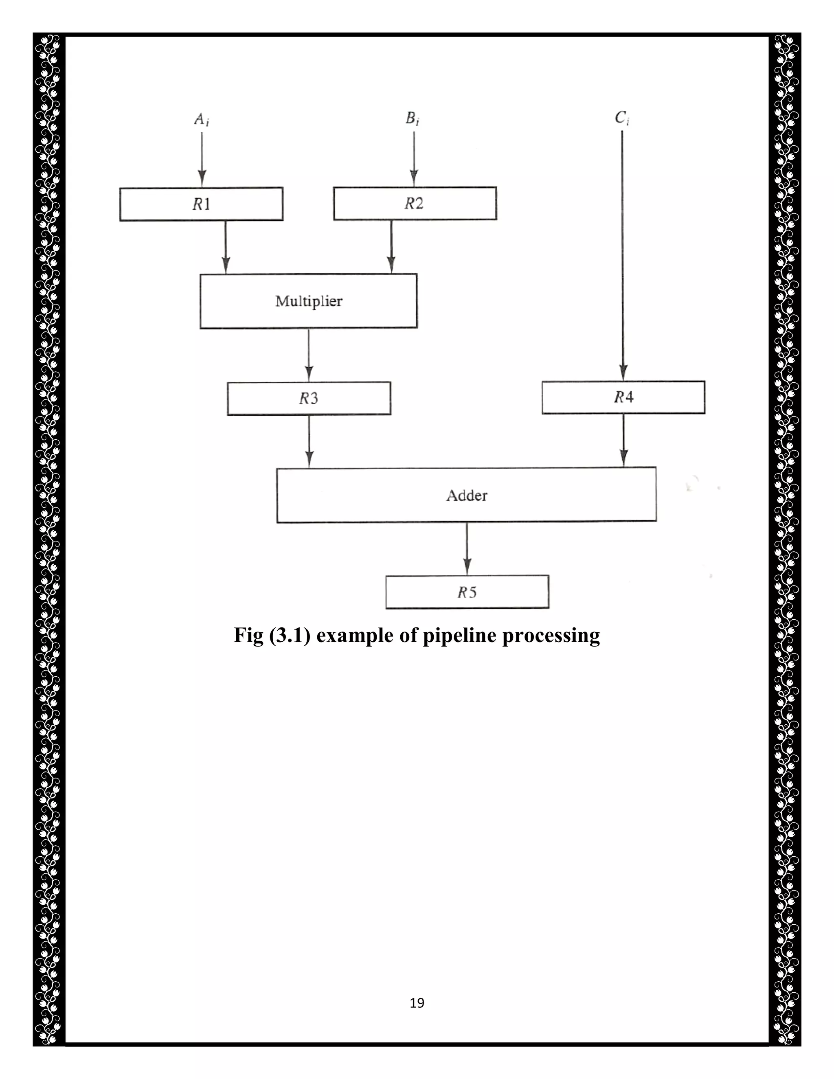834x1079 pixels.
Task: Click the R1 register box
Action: tap(201, 204)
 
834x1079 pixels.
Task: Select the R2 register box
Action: tap(415, 203)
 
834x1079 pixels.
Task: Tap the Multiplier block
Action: tap(308, 301)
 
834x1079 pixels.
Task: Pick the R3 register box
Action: tap(309, 398)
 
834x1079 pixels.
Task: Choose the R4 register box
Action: tap(623, 397)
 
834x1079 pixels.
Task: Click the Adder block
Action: tap(466, 495)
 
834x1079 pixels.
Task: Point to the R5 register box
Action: tap(467, 592)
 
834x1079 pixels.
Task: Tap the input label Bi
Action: tap(413, 118)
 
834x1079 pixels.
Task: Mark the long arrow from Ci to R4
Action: tap(623, 257)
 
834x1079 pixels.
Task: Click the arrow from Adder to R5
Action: tap(467, 548)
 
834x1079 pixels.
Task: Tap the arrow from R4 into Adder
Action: tap(623, 440)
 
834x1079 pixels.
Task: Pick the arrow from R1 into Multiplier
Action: tap(226, 247)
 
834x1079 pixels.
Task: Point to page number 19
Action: tap(417, 1003)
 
